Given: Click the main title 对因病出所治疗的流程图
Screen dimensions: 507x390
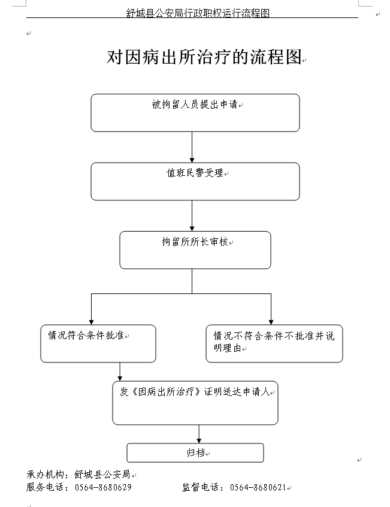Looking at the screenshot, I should [x=204, y=58].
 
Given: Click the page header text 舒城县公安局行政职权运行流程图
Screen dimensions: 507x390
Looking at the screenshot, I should [x=198, y=13].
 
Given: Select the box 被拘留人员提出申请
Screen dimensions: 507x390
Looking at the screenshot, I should [x=195, y=113].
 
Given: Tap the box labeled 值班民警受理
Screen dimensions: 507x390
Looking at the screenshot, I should [x=195, y=181].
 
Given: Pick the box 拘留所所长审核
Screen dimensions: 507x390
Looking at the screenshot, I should [x=195, y=250].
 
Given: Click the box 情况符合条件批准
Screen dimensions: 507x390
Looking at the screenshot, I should [x=98, y=343].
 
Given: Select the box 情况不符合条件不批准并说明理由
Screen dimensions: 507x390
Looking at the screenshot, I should [x=274, y=343].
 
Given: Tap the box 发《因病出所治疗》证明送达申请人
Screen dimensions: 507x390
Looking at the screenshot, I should [x=195, y=403].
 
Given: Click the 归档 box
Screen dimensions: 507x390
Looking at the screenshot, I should [x=195, y=452].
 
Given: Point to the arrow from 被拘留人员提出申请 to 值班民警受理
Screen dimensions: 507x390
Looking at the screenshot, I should [x=192, y=147].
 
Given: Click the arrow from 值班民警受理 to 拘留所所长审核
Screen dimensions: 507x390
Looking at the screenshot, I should [x=192, y=215].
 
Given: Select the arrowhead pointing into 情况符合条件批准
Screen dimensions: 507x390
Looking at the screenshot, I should [x=91, y=320].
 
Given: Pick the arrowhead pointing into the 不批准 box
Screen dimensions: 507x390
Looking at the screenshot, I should [x=271, y=320].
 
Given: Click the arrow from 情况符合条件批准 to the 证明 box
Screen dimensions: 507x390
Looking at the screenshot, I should [x=120, y=371].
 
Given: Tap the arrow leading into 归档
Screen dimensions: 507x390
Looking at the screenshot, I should [x=199, y=434].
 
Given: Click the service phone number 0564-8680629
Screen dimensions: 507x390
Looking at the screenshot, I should [x=103, y=487].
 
